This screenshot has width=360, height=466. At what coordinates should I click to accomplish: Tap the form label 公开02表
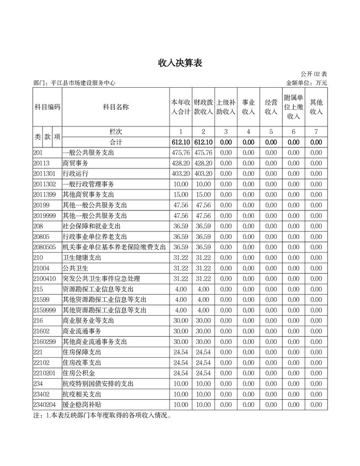click(x=314, y=74)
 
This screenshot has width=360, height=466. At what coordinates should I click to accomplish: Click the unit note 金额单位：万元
click(x=306, y=83)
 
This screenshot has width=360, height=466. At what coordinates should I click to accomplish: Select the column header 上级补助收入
click(x=226, y=107)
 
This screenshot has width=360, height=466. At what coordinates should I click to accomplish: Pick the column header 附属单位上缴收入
click(x=293, y=107)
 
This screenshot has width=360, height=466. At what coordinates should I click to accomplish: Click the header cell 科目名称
click(x=116, y=107)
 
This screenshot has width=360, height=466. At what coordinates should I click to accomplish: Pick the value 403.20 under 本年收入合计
click(x=181, y=173)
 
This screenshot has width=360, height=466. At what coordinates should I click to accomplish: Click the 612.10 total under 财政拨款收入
click(x=203, y=142)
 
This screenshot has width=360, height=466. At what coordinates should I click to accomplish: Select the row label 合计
click(x=116, y=142)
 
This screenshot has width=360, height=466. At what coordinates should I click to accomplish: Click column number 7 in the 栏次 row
click(x=316, y=132)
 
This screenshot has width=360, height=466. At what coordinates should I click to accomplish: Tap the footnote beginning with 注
click(x=103, y=415)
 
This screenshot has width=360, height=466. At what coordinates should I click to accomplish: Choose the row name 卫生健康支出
click(x=82, y=257)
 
